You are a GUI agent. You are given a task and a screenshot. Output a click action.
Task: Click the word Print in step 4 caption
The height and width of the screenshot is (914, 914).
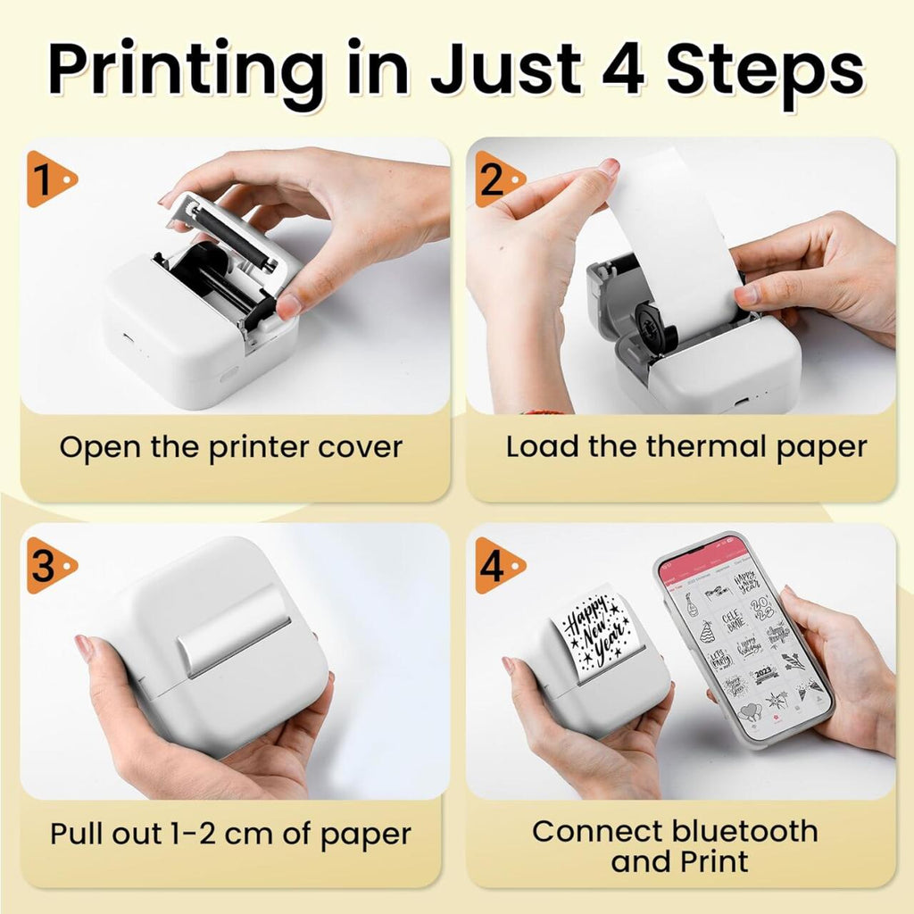click(x=711, y=861)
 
